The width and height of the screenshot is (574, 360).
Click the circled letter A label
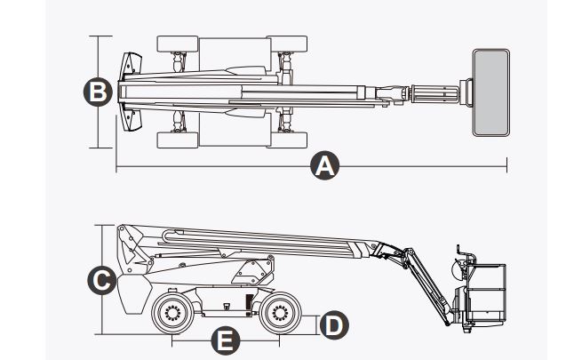click(x=326, y=165)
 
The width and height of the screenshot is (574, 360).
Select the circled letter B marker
click(x=96, y=92)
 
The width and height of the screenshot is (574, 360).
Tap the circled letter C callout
click(x=103, y=282)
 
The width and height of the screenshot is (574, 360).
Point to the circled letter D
click(x=333, y=324)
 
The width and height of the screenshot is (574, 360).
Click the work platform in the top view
click(x=491, y=92)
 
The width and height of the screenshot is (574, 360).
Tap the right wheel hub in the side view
click(x=278, y=313)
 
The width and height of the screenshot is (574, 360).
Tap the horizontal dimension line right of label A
click(x=418, y=165)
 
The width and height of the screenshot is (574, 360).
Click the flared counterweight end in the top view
click(x=131, y=92)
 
